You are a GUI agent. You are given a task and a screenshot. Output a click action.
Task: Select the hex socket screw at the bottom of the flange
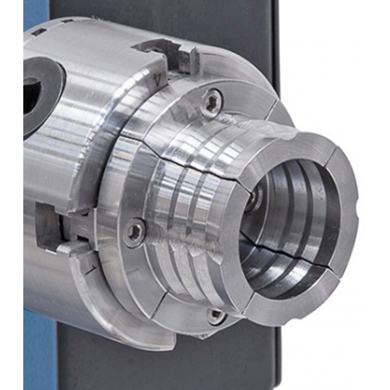coord(217,317)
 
